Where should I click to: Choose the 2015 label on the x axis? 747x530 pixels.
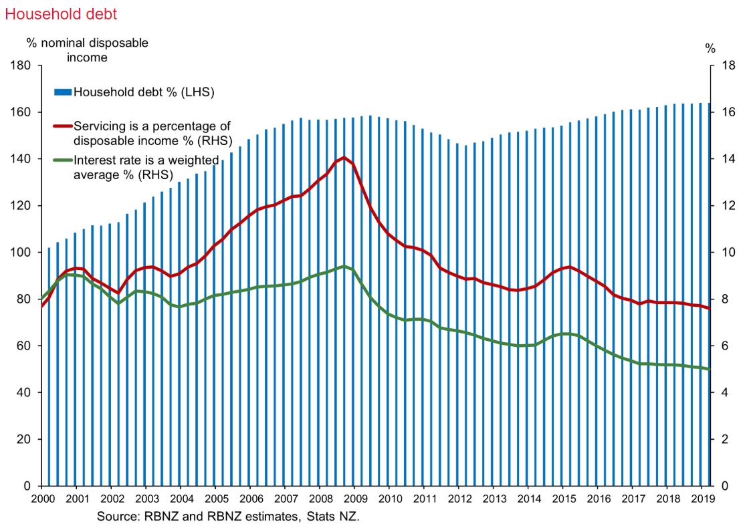pos(564,499)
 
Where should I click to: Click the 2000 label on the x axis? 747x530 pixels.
pos(41,499)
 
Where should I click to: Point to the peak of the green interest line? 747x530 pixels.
pos(344,267)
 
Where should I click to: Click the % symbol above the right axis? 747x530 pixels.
pos(710,48)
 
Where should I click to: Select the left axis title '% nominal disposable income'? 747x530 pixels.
pos(87,50)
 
